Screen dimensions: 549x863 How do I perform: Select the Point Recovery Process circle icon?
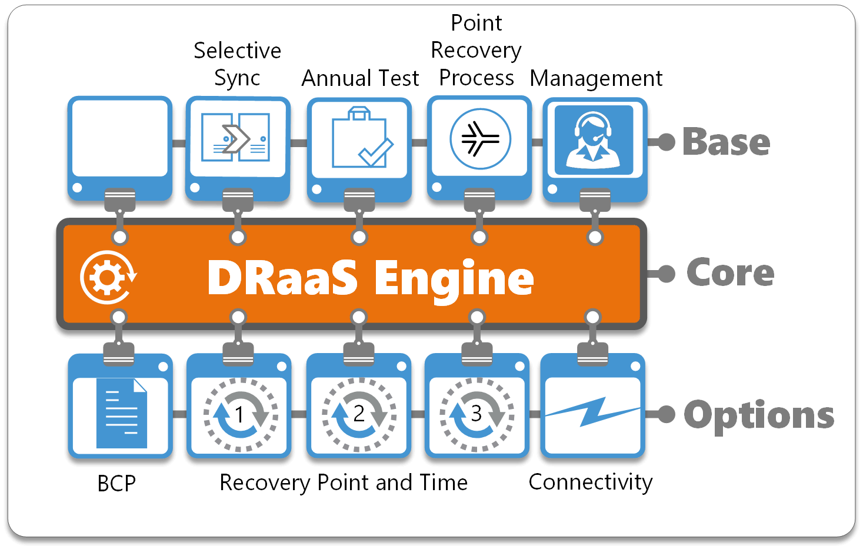coord(480,139)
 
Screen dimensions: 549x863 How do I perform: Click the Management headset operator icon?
coord(594,140)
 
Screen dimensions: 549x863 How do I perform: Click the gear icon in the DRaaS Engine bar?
coord(108,277)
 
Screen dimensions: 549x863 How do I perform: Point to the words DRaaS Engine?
coord(371,278)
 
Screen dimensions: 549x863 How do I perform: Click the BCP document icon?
coord(121,414)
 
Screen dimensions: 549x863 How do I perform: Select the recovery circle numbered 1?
coord(239,414)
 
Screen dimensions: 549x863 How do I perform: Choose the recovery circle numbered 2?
coord(358,414)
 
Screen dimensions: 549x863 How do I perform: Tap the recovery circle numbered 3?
coord(477,414)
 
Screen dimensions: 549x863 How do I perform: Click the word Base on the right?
coord(726,142)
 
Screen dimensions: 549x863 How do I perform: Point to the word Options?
coord(759,415)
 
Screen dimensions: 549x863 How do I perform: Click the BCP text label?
coord(116,484)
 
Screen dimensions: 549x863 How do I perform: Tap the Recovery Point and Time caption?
coord(344,483)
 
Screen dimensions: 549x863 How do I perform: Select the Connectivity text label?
coord(591,482)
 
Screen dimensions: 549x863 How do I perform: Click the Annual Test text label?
coord(360,78)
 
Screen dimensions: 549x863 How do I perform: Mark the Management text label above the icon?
coord(596,78)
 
